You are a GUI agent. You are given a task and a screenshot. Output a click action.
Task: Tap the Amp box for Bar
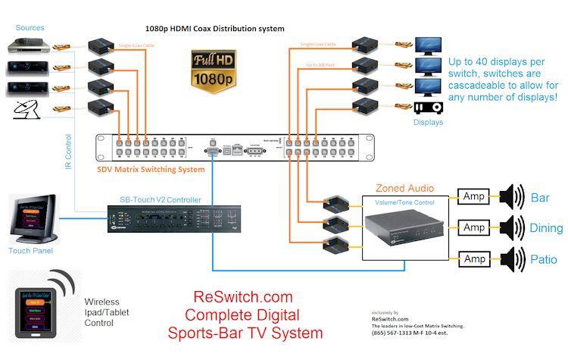474,197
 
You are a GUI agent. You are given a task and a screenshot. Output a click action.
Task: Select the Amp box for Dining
474,228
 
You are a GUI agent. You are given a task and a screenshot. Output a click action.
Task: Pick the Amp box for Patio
474,259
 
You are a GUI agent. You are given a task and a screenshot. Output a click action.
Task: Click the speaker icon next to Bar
510,197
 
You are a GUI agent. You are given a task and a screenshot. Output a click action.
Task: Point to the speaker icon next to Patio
510,259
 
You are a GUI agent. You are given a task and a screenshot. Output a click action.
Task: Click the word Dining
546,228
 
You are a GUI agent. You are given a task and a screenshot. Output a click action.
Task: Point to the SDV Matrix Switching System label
150,169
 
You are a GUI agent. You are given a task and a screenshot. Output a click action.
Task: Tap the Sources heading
30,28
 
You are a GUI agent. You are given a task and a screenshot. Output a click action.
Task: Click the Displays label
428,121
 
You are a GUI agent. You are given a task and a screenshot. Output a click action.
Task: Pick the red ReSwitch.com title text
242,297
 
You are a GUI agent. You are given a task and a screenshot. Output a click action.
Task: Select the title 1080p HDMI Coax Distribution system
215,29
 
